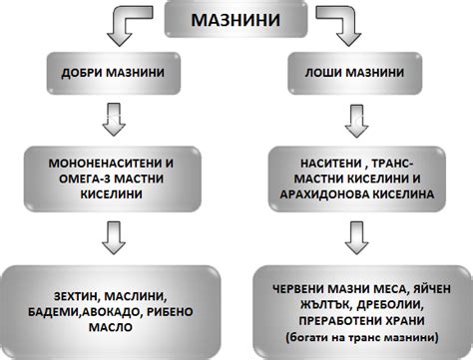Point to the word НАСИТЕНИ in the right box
(x=319, y=162)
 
